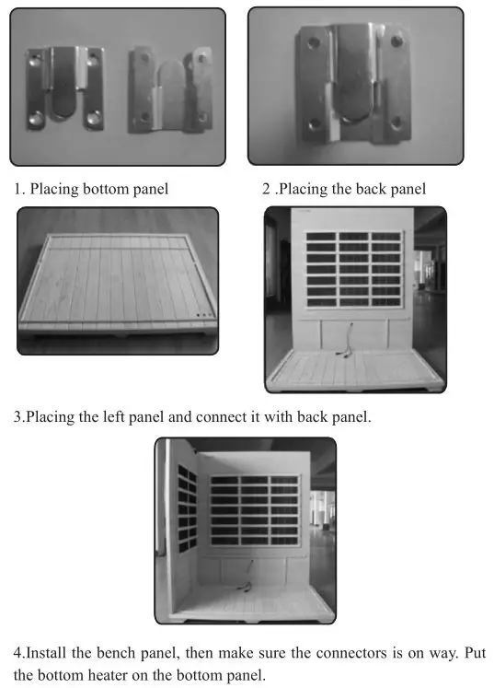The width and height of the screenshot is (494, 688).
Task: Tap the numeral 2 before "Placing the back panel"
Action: click(266, 190)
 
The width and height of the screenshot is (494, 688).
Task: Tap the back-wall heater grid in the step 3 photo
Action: click(254, 510)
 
